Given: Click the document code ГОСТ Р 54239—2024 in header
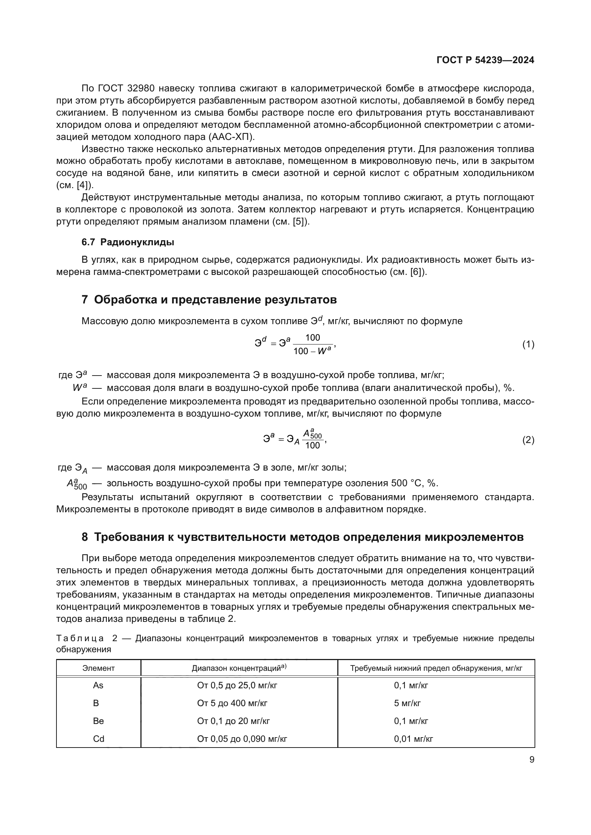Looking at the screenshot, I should (x=485, y=60).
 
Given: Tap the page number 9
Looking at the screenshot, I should (x=532, y=760).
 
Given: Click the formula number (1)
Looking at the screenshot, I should (x=528, y=344).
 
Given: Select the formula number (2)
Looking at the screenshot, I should (x=528, y=441).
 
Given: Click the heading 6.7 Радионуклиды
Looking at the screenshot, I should (x=128, y=242).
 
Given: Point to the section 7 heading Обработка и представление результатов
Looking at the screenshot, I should (x=209, y=300).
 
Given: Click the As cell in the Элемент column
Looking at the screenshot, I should (x=98, y=685).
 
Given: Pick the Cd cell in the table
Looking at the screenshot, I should (x=98, y=739).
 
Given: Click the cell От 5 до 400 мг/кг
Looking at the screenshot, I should (x=232, y=703).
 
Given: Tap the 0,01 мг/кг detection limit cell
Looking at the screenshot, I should (x=413, y=739).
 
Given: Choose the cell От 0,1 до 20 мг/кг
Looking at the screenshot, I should (x=233, y=721).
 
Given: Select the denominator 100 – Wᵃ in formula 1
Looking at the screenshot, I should (x=312, y=351).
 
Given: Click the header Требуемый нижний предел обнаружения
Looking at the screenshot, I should (x=436, y=668).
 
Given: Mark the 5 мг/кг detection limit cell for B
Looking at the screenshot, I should (x=407, y=703).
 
